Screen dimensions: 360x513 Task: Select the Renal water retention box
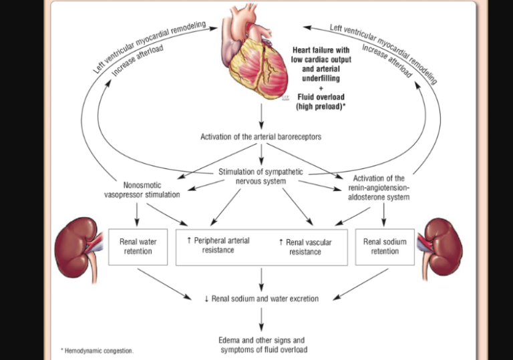(x=136, y=246)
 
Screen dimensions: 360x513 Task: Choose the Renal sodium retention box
(x=385, y=246)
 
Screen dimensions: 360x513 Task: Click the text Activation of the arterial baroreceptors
(x=261, y=137)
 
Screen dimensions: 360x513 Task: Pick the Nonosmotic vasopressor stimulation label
(x=142, y=190)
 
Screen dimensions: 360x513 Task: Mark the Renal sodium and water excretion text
(x=261, y=299)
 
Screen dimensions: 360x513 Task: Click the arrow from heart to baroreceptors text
(x=261, y=118)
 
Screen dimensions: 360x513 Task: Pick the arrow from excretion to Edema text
(x=261, y=319)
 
